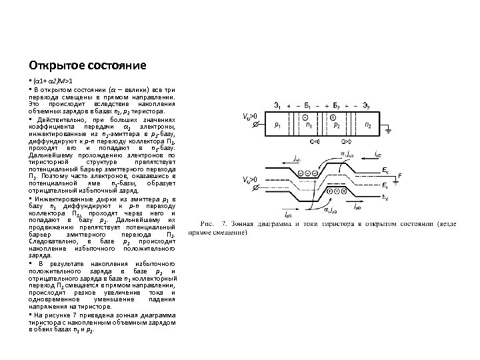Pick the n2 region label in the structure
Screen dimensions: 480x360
[368, 125]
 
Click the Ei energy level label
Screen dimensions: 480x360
[387, 187]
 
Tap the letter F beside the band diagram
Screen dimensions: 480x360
[399, 176]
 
